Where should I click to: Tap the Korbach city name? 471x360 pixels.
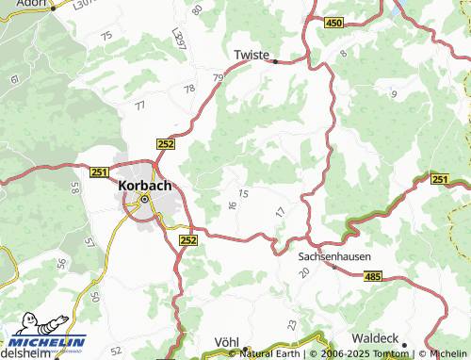(x=145, y=186)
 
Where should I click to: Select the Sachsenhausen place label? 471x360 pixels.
(x=333, y=255)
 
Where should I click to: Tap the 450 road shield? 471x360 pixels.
(x=333, y=23)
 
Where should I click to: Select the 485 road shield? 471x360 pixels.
(x=372, y=276)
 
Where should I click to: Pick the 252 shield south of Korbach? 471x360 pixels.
(x=187, y=241)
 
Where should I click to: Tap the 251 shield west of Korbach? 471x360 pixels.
(x=101, y=172)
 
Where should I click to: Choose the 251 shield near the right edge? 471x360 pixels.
(x=440, y=179)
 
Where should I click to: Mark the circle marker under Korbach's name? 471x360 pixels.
(x=145, y=200)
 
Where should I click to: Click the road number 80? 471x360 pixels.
(x=197, y=10)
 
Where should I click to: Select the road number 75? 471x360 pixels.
(x=106, y=36)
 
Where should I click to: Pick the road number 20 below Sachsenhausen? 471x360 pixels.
(x=303, y=271)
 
